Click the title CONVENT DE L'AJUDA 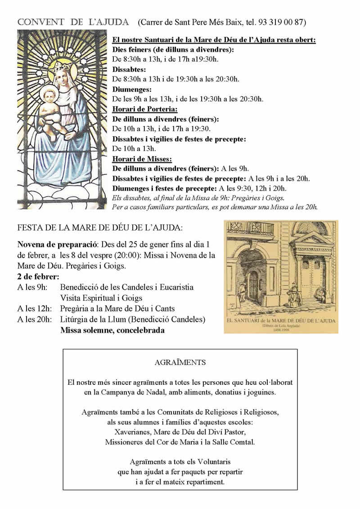point(73,22)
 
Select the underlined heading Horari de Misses point(142,159)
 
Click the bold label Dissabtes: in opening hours point(129,69)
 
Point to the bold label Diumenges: point(132,89)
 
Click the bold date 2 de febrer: point(38,276)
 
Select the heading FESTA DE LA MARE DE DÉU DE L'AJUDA point(100,228)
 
